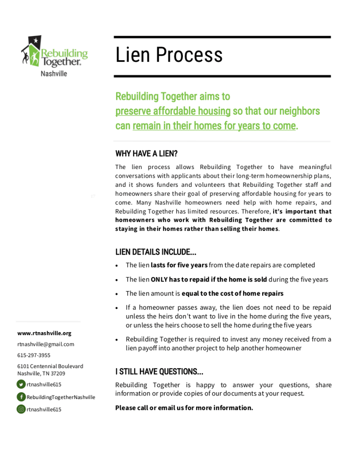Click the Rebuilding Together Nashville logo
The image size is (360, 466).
(x=54, y=55)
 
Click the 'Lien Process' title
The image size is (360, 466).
(x=169, y=55)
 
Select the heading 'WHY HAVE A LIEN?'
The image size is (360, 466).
(x=146, y=154)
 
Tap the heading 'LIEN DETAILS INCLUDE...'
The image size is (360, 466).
(x=156, y=252)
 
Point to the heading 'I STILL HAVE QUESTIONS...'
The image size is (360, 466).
(x=159, y=372)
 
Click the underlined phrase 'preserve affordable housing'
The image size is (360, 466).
(x=173, y=111)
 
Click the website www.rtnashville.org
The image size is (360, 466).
(x=44, y=333)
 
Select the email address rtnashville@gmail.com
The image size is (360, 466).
(x=46, y=344)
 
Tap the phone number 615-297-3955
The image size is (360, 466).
(x=34, y=355)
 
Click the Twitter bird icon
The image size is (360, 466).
(x=21, y=384)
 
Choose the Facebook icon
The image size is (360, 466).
(x=21, y=397)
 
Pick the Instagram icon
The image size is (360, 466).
(x=21, y=409)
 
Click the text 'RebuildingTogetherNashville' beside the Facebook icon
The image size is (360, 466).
(x=61, y=397)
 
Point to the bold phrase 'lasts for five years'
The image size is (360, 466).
(x=179, y=265)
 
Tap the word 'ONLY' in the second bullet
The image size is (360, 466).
(x=159, y=279)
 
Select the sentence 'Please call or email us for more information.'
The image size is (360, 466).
(x=184, y=408)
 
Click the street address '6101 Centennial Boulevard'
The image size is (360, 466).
(x=50, y=366)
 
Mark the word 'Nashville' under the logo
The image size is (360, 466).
(x=54, y=73)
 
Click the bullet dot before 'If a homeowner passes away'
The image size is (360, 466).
(x=118, y=308)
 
